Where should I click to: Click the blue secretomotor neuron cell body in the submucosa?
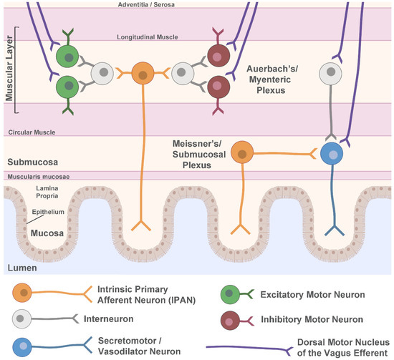click(x=332, y=155)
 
